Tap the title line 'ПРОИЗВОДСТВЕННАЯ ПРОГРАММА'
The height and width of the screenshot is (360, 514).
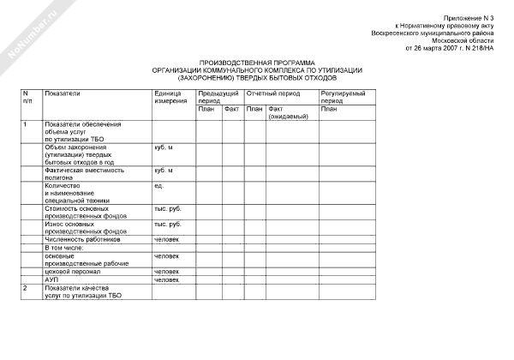[x=257, y=63]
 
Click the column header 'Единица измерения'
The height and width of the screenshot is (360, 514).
[x=170, y=97]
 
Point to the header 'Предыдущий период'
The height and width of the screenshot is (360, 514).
[x=218, y=97]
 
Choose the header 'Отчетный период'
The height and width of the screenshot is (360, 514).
[x=272, y=93]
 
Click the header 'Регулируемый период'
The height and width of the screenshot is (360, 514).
[x=344, y=97]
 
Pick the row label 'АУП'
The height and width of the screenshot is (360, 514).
[x=51, y=279]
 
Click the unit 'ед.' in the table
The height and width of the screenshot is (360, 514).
[x=158, y=186]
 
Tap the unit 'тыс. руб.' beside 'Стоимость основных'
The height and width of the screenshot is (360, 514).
[x=168, y=208]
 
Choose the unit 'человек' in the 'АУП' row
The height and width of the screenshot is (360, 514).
[x=166, y=279]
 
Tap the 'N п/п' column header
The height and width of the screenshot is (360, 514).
[x=27, y=97]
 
